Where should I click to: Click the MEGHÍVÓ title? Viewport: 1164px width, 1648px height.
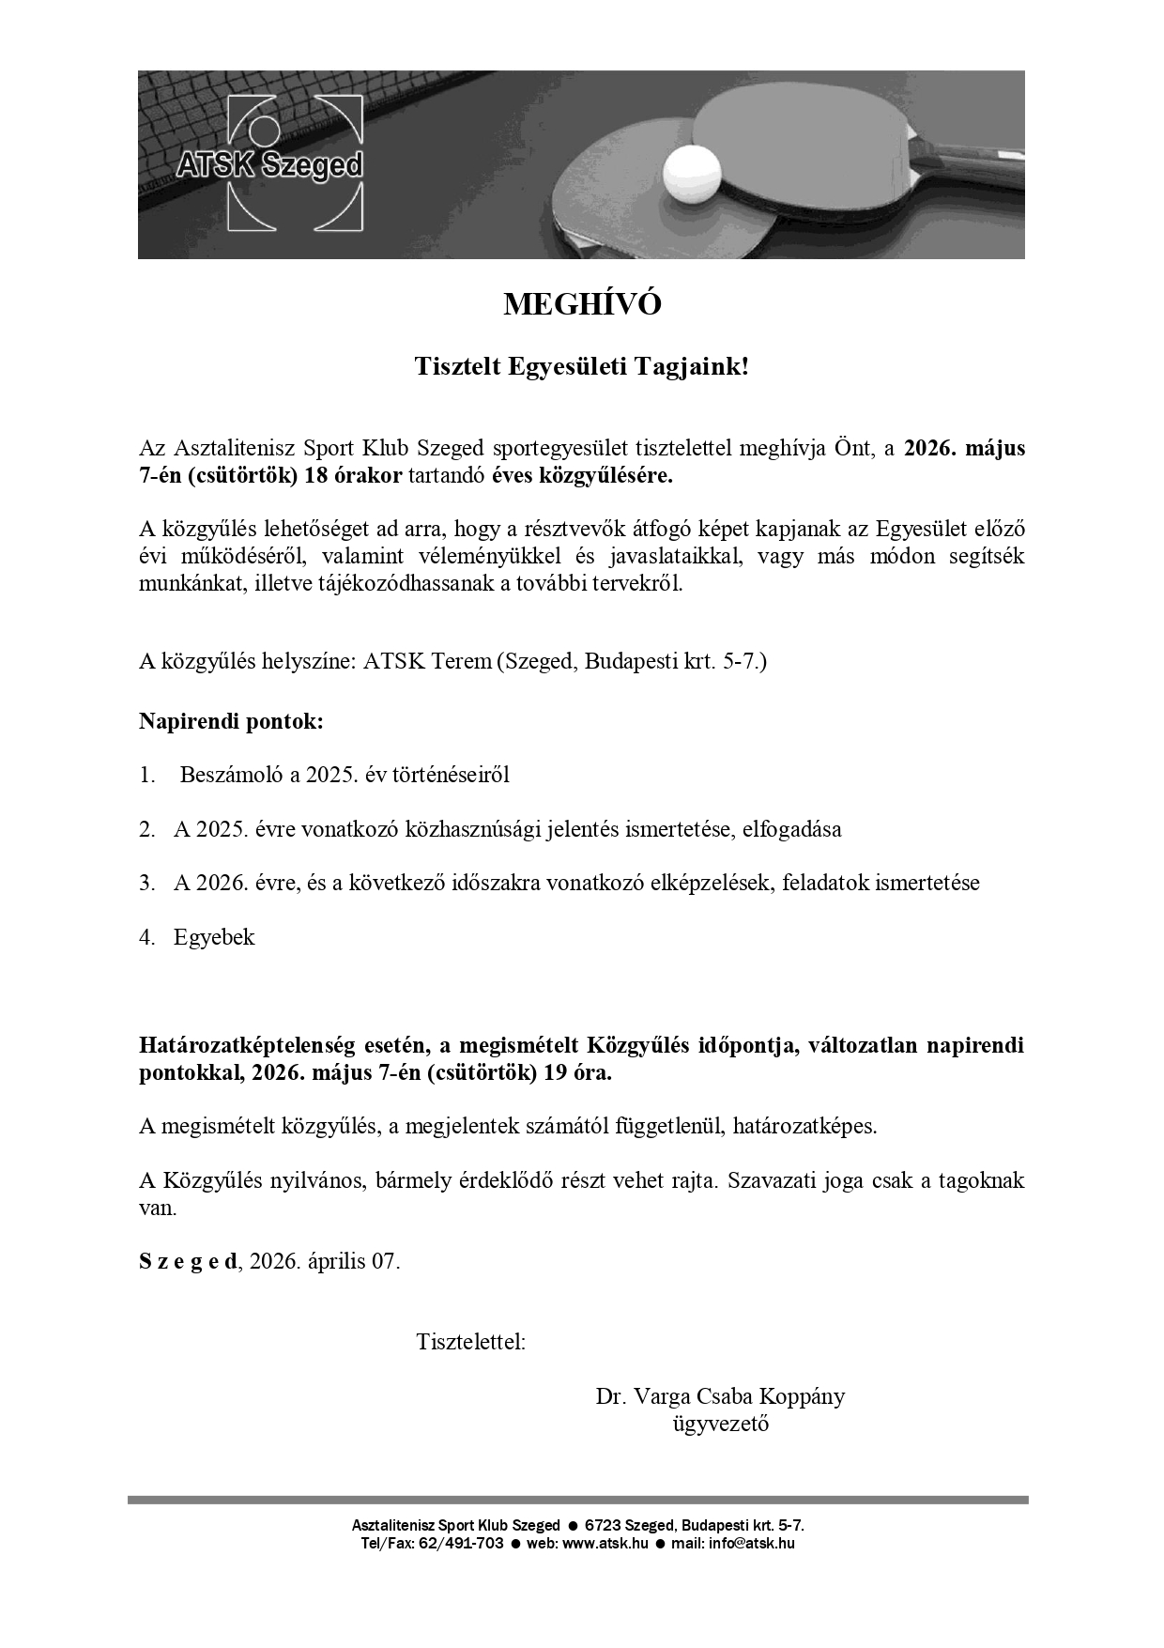tap(582, 304)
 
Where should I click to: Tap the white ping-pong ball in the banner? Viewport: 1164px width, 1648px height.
tap(692, 174)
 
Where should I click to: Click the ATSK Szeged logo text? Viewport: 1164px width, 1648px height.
tap(269, 166)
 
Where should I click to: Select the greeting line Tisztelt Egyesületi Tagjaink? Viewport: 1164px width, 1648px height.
tap(582, 366)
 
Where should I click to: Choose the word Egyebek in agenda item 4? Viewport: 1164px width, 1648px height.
tap(214, 937)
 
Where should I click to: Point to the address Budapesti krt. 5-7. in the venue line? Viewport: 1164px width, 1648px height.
tap(676, 661)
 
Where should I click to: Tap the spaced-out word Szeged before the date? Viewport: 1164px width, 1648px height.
tap(188, 1261)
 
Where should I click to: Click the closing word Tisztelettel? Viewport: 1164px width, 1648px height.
tap(471, 1342)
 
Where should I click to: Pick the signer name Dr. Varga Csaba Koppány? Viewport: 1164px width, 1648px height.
tap(720, 1396)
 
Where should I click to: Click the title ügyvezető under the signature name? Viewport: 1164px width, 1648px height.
tap(720, 1424)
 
